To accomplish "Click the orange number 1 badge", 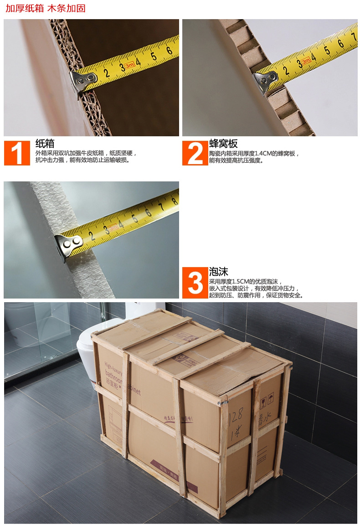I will [x=17, y=153].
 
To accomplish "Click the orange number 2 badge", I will [x=195, y=153].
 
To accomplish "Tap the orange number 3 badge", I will [x=195, y=283].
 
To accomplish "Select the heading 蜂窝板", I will [x=223, y=144].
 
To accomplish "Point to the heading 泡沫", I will [x=218, y=272].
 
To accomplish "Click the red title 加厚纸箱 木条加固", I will [x=46, y=8].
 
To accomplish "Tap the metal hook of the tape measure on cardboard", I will [x=82, y=80].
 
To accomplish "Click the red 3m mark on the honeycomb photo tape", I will [x=306, y=60].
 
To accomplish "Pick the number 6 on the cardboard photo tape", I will [x=169, y=51].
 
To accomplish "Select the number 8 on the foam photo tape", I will [x=174, y=200].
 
